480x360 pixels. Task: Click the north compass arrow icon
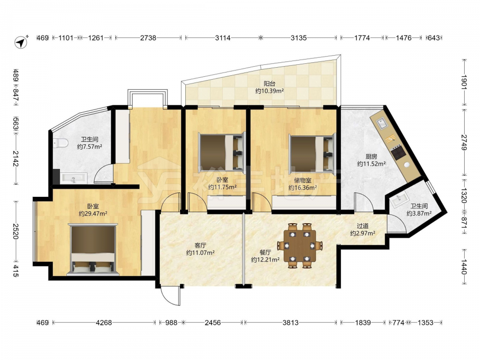(x=21, y=42)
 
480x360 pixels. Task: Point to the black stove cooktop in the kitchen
(x=398, y=153)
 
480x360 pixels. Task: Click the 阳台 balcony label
(x=269, y=83)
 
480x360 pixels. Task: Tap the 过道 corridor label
(x=362, y=226)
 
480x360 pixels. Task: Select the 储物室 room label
(x=302, y=180)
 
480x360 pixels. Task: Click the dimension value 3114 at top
(x=223, y=37)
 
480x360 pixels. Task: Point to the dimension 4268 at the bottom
(x=104, y=323)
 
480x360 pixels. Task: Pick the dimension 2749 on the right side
(x=464, y=143)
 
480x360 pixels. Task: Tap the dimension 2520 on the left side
(x=16, y=231)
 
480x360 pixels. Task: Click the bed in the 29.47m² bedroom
(x=93, y=249)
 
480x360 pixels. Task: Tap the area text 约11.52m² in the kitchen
(x=372, y=164)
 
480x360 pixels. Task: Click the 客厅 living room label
(x=200, y=245)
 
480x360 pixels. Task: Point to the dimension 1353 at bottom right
(x=425, y=323)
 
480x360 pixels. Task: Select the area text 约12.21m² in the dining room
(x=265, y=260)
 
